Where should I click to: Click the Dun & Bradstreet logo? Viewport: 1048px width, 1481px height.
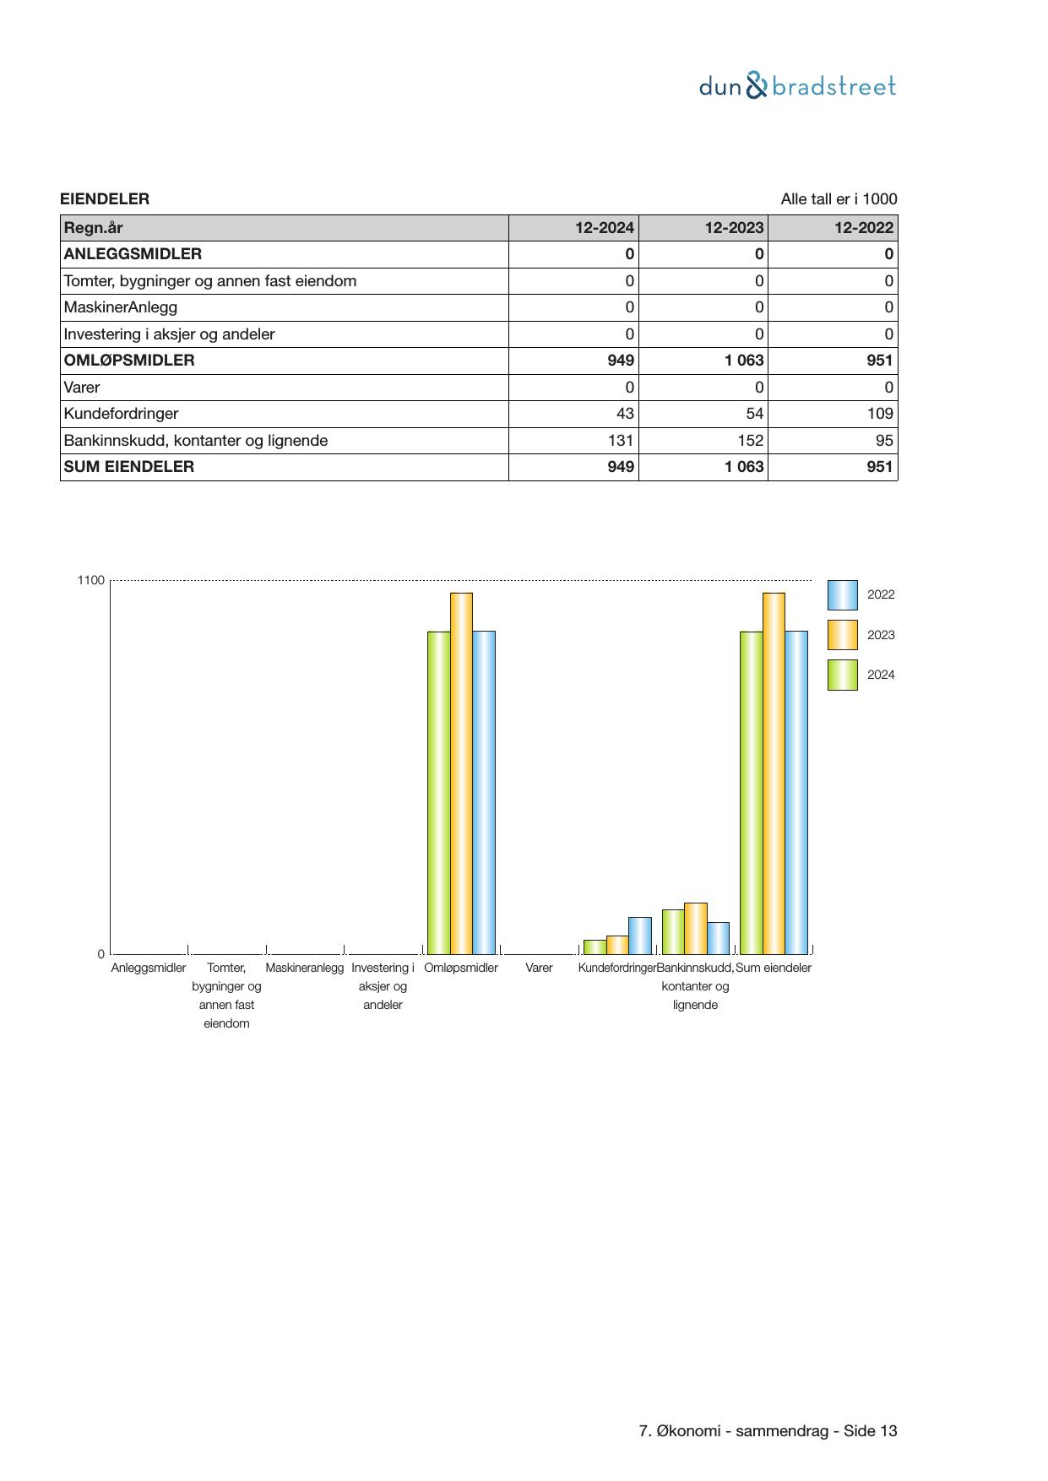797,86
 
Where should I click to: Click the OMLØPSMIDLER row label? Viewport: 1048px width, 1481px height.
129,361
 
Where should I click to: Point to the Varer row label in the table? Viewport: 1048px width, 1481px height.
82,388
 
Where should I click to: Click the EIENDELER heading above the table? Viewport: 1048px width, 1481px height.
105,199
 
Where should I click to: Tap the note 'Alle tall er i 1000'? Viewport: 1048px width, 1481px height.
839,199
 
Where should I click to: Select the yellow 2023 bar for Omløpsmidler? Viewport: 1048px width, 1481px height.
461,773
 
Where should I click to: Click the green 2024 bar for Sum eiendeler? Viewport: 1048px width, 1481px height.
751,792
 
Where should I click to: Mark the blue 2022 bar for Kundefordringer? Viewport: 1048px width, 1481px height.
640,936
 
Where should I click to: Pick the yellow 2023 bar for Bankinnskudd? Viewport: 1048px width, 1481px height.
696,928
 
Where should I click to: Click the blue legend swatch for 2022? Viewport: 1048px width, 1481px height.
842,595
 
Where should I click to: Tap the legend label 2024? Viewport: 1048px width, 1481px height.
881,675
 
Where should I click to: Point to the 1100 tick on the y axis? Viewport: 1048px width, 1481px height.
91,580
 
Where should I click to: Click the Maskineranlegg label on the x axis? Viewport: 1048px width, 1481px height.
305,968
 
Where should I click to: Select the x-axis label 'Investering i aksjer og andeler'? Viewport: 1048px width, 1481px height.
383,986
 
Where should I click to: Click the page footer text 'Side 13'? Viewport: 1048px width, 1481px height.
871,1431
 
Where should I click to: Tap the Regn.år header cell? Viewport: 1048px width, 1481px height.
93,227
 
